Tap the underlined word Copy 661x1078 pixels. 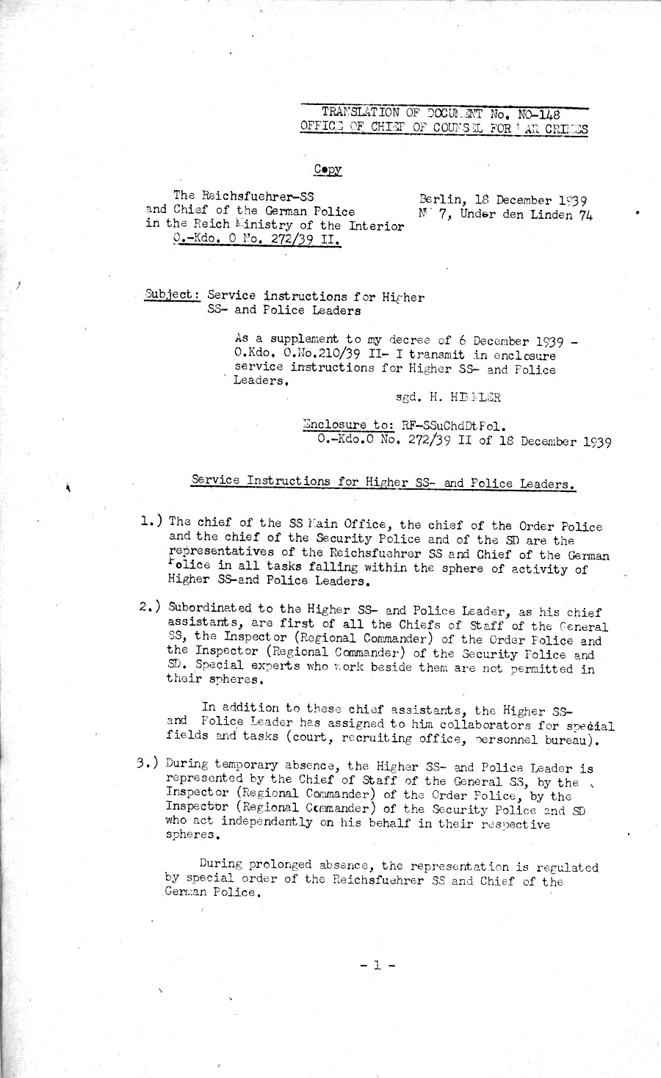(328, 169)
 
